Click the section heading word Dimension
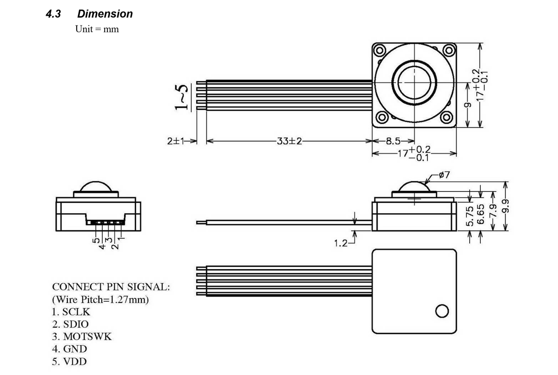(105, 14)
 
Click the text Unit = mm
(97, 29)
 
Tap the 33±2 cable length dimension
(289, 141)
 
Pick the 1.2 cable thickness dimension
(341, 242)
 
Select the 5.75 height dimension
(470, 217)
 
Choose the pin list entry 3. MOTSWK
(82, 336)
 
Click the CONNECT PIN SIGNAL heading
(111, 287)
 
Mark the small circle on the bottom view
(442, 310)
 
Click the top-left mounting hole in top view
(379, 50)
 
